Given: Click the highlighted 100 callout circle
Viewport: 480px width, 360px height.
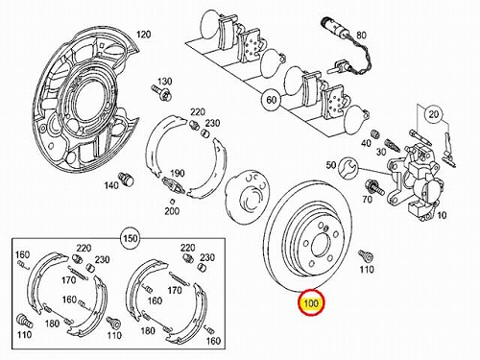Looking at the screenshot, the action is pos(311,302).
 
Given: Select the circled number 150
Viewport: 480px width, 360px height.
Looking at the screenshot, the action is pos(131,238).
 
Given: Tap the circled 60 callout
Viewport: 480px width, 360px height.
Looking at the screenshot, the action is pos(271,100).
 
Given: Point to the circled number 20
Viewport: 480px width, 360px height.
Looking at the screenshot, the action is pos(434,114).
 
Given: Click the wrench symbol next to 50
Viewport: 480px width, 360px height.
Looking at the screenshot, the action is pos(348,166).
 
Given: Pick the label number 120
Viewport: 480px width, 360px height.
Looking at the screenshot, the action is pos(143,35).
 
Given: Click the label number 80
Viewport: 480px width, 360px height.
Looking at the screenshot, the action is pos(361,35).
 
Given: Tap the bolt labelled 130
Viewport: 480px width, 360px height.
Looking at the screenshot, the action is pos(161,91).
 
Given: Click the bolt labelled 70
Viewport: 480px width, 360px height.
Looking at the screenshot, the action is pos(373,186).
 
